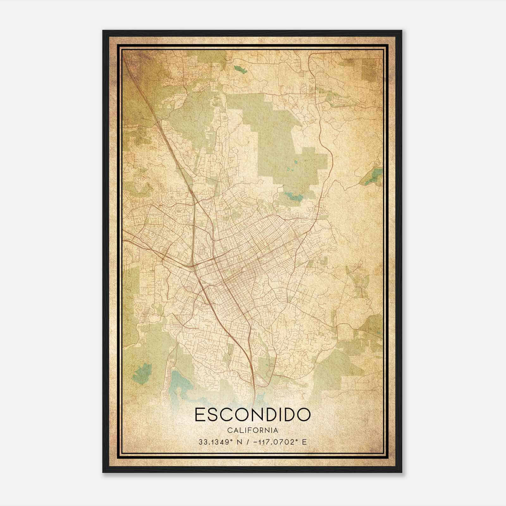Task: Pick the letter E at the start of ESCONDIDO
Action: coord(200,415)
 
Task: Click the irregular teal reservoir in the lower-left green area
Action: coord(142,373)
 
